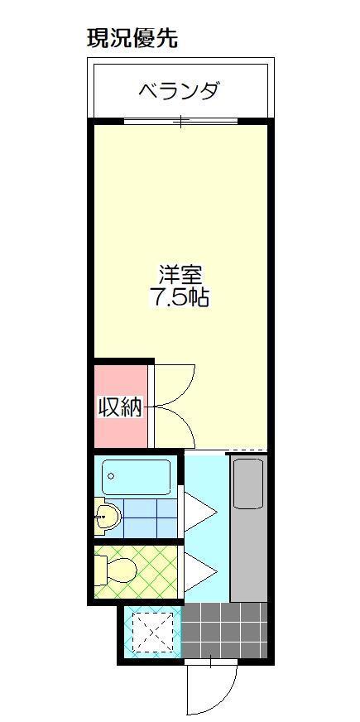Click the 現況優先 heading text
click(132, 38)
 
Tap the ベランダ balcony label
click(179, 89)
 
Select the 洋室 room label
click(180, 273)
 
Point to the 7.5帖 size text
click(179, 297)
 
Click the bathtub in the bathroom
click(137, 478)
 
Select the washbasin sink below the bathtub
click(108, 517)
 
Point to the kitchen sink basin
click(247, 484)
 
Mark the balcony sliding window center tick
click(180, 123)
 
